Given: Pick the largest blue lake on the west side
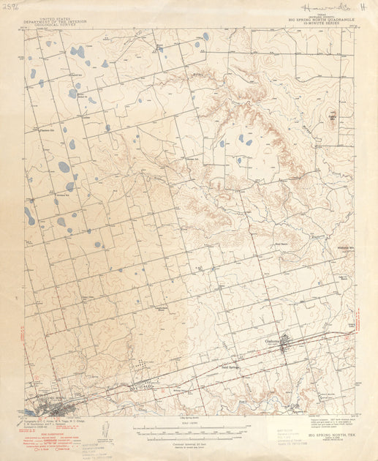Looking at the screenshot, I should pos(64,167).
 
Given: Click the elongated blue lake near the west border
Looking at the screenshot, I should pos(29,215).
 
